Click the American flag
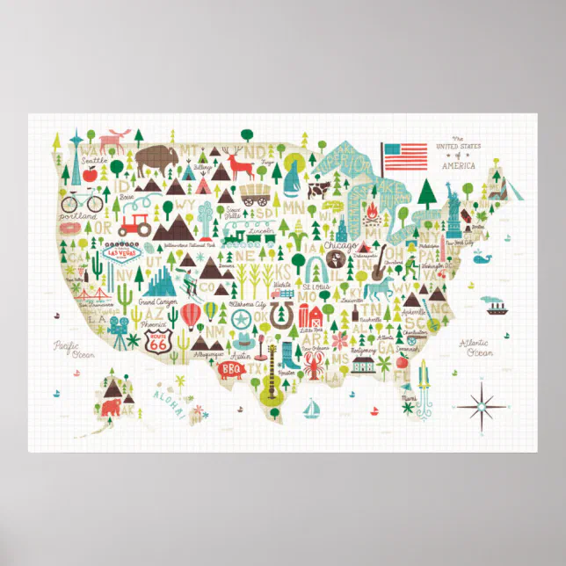pyautogui.click(x=405, y=156)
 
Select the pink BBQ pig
pyautogui.click(x=230, y=369)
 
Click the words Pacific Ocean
pyautogui.click(x=66, y=349)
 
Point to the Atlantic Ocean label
pyautogui.click(x=479, y=349)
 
